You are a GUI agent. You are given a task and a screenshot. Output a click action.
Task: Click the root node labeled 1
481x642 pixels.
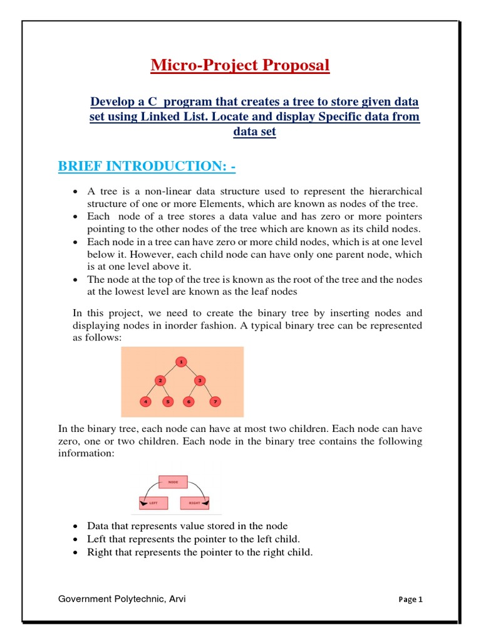[181, 362]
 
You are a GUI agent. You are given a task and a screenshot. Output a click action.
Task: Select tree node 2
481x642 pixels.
[160, 381]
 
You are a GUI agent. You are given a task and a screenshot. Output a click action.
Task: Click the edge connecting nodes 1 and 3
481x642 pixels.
[191, 371]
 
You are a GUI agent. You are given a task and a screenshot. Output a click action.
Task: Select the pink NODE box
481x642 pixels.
[173, 482]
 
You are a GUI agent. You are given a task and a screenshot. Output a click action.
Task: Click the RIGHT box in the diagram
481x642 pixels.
[194, 502]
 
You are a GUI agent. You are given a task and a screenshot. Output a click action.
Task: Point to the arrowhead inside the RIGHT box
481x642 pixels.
[205, 503]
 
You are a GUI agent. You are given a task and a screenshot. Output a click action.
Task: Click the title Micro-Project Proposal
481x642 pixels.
[240, 65]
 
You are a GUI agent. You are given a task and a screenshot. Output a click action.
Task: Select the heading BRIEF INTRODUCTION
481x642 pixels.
[147, 167]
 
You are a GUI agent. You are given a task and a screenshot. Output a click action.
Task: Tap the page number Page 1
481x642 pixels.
[410, 599]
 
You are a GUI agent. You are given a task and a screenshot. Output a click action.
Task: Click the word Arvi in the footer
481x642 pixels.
[177, 599]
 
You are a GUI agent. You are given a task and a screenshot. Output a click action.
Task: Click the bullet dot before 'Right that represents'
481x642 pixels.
[75, 552]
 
